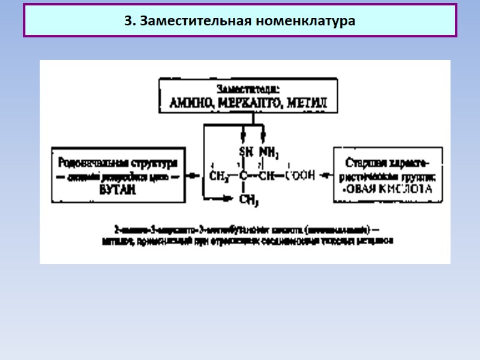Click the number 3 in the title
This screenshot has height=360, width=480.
[127, 21]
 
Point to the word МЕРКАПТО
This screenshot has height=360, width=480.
[247, 103]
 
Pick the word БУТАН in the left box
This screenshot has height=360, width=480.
[118, 190]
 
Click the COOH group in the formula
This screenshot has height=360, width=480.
[300, 176]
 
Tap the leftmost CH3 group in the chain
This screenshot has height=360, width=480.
[219, 176]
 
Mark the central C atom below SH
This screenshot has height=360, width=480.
[244, 176]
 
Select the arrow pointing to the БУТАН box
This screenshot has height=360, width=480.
[193, 176]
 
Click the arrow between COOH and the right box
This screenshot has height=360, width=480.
[325, 176]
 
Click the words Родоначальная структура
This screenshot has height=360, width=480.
[118, 163]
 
